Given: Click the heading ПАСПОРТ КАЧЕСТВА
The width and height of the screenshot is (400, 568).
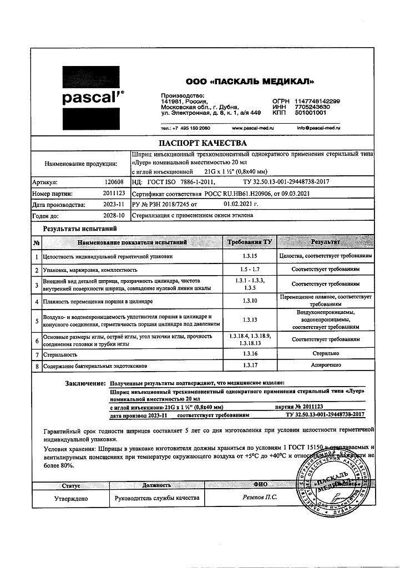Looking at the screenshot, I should click(x=199, y=143).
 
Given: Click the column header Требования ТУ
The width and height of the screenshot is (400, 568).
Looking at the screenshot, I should click(x=249, y=242).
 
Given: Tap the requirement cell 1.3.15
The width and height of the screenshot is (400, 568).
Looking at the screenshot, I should click(x=249, y=257).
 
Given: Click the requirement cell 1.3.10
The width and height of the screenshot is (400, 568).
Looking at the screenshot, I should click(x=249, y=302).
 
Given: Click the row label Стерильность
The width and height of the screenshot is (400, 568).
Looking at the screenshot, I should click(x=62, y=353).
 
